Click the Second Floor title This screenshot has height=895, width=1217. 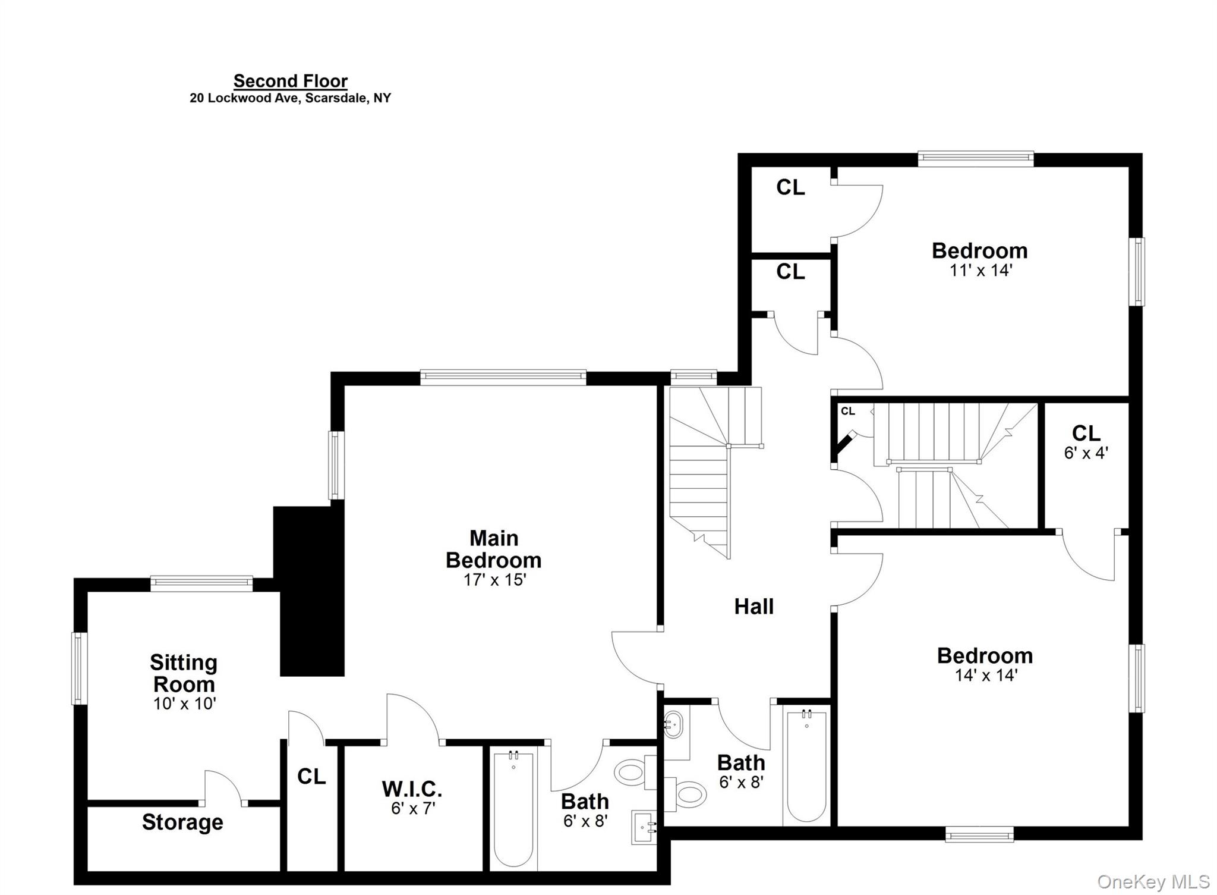(x=290, y=81)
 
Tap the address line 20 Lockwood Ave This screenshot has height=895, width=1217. (x=290, y=98)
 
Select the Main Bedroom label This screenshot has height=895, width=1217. (x=493, y=549)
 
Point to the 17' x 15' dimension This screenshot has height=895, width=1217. (x=494, y=580)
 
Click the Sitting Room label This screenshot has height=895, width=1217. (x=184, y=673)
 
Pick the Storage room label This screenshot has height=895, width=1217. (x=182, y=822)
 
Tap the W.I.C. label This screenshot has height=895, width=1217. (x=412, y=789)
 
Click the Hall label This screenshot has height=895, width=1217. (x=753, y=607)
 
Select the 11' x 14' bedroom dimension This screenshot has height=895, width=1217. (x=980, y=271)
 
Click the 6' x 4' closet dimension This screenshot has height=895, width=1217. (x=1086, y=453)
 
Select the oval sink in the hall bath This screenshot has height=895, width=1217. (x=673, y=725)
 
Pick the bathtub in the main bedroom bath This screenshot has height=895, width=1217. (x=513, y=809)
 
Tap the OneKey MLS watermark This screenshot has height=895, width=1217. (x=1153, y=881)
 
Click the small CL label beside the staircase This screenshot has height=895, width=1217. (x=847, y=412)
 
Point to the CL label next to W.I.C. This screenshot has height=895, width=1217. (x=311, y=777)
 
